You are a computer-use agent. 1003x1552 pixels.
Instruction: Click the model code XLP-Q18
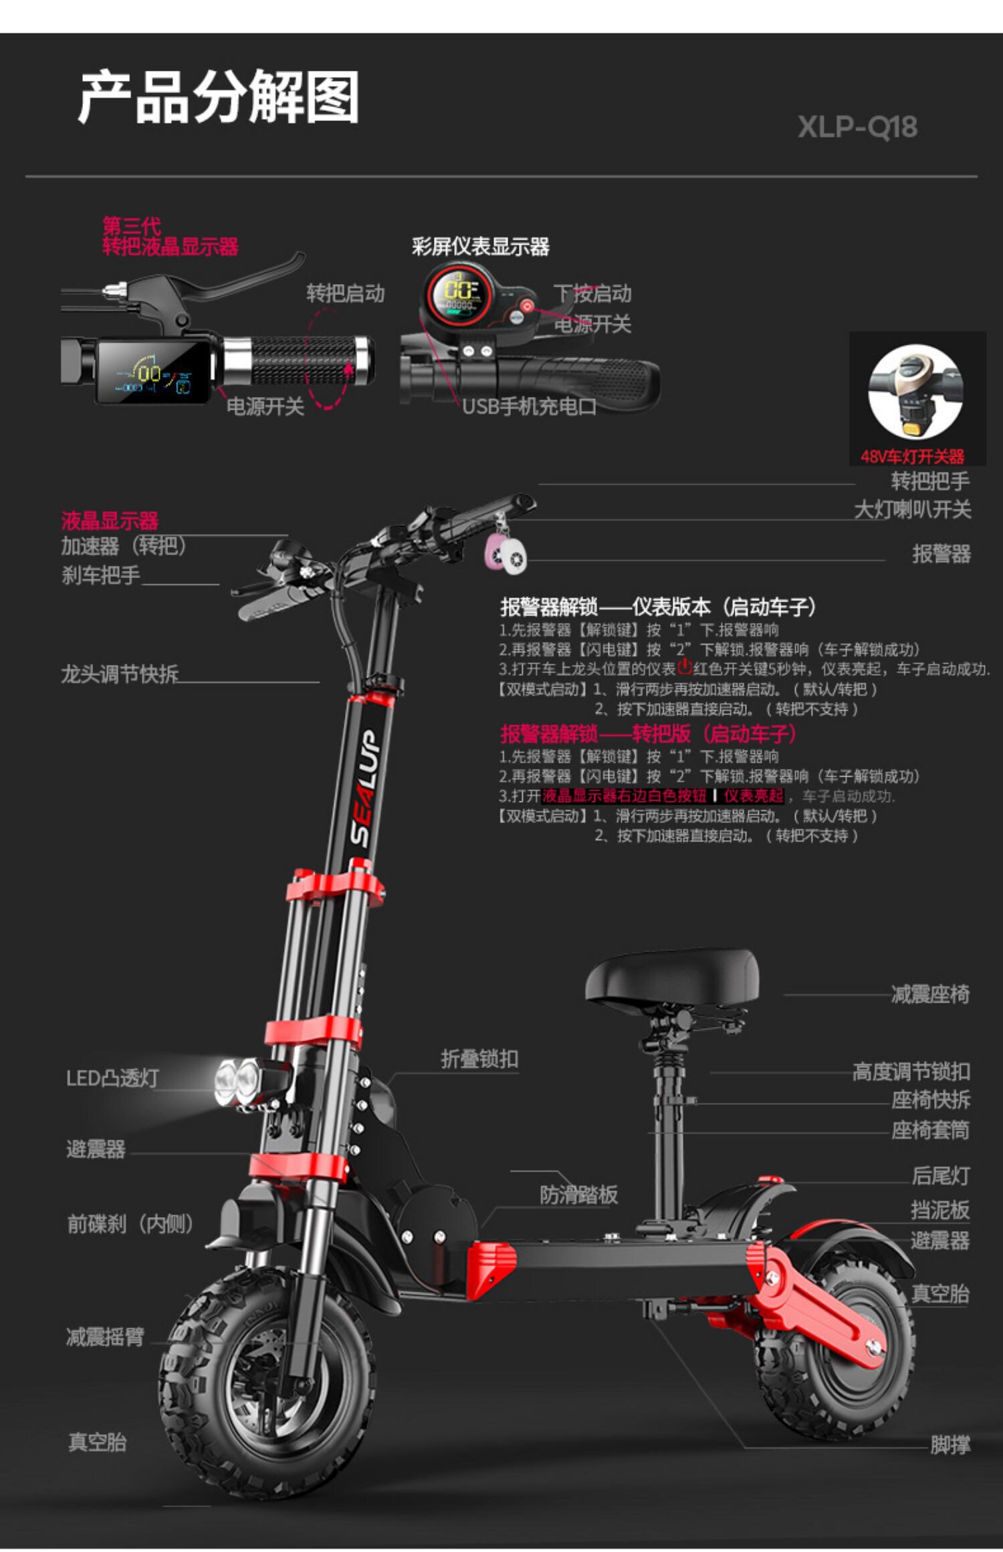click(857, 127)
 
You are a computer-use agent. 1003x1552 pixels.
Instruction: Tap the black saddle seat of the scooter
click(672, 977)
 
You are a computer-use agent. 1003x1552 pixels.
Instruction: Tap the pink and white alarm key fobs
click(506, 553)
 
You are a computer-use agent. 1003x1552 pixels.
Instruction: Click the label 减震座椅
click(929, 994)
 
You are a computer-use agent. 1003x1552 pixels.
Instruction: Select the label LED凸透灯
click(112, 1078)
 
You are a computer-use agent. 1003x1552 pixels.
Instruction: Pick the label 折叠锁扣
click(479, 1059)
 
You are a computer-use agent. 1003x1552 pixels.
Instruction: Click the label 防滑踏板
click(578, 1194)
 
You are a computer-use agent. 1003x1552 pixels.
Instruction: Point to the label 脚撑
click(950, 1444)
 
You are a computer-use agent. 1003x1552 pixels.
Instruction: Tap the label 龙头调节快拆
click(120, 674)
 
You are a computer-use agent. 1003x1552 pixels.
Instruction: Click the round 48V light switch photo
click(915, 392)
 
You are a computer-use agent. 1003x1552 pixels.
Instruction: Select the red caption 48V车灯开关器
click(912, 457)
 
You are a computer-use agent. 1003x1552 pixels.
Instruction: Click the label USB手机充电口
click(529, 406)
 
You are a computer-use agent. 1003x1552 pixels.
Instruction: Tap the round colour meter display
click(459, 294)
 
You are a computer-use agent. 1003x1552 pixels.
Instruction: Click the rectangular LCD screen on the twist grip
click(152, 372)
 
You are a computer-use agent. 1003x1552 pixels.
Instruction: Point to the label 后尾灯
click(940, 1176)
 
